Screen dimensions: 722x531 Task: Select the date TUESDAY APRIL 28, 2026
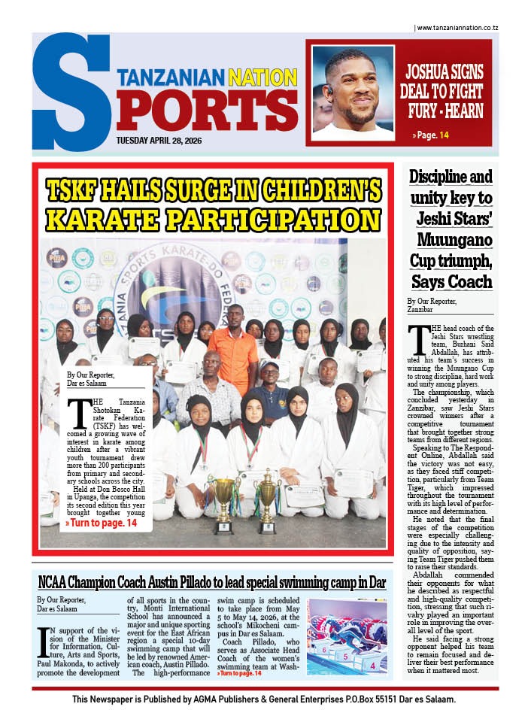(166, 140)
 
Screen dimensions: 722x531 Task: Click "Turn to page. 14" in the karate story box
(102, 522)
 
